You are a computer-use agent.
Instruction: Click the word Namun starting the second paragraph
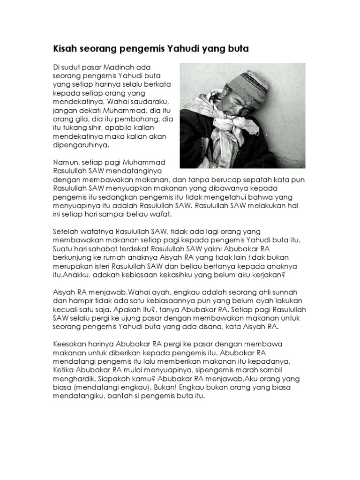[65, 162]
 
